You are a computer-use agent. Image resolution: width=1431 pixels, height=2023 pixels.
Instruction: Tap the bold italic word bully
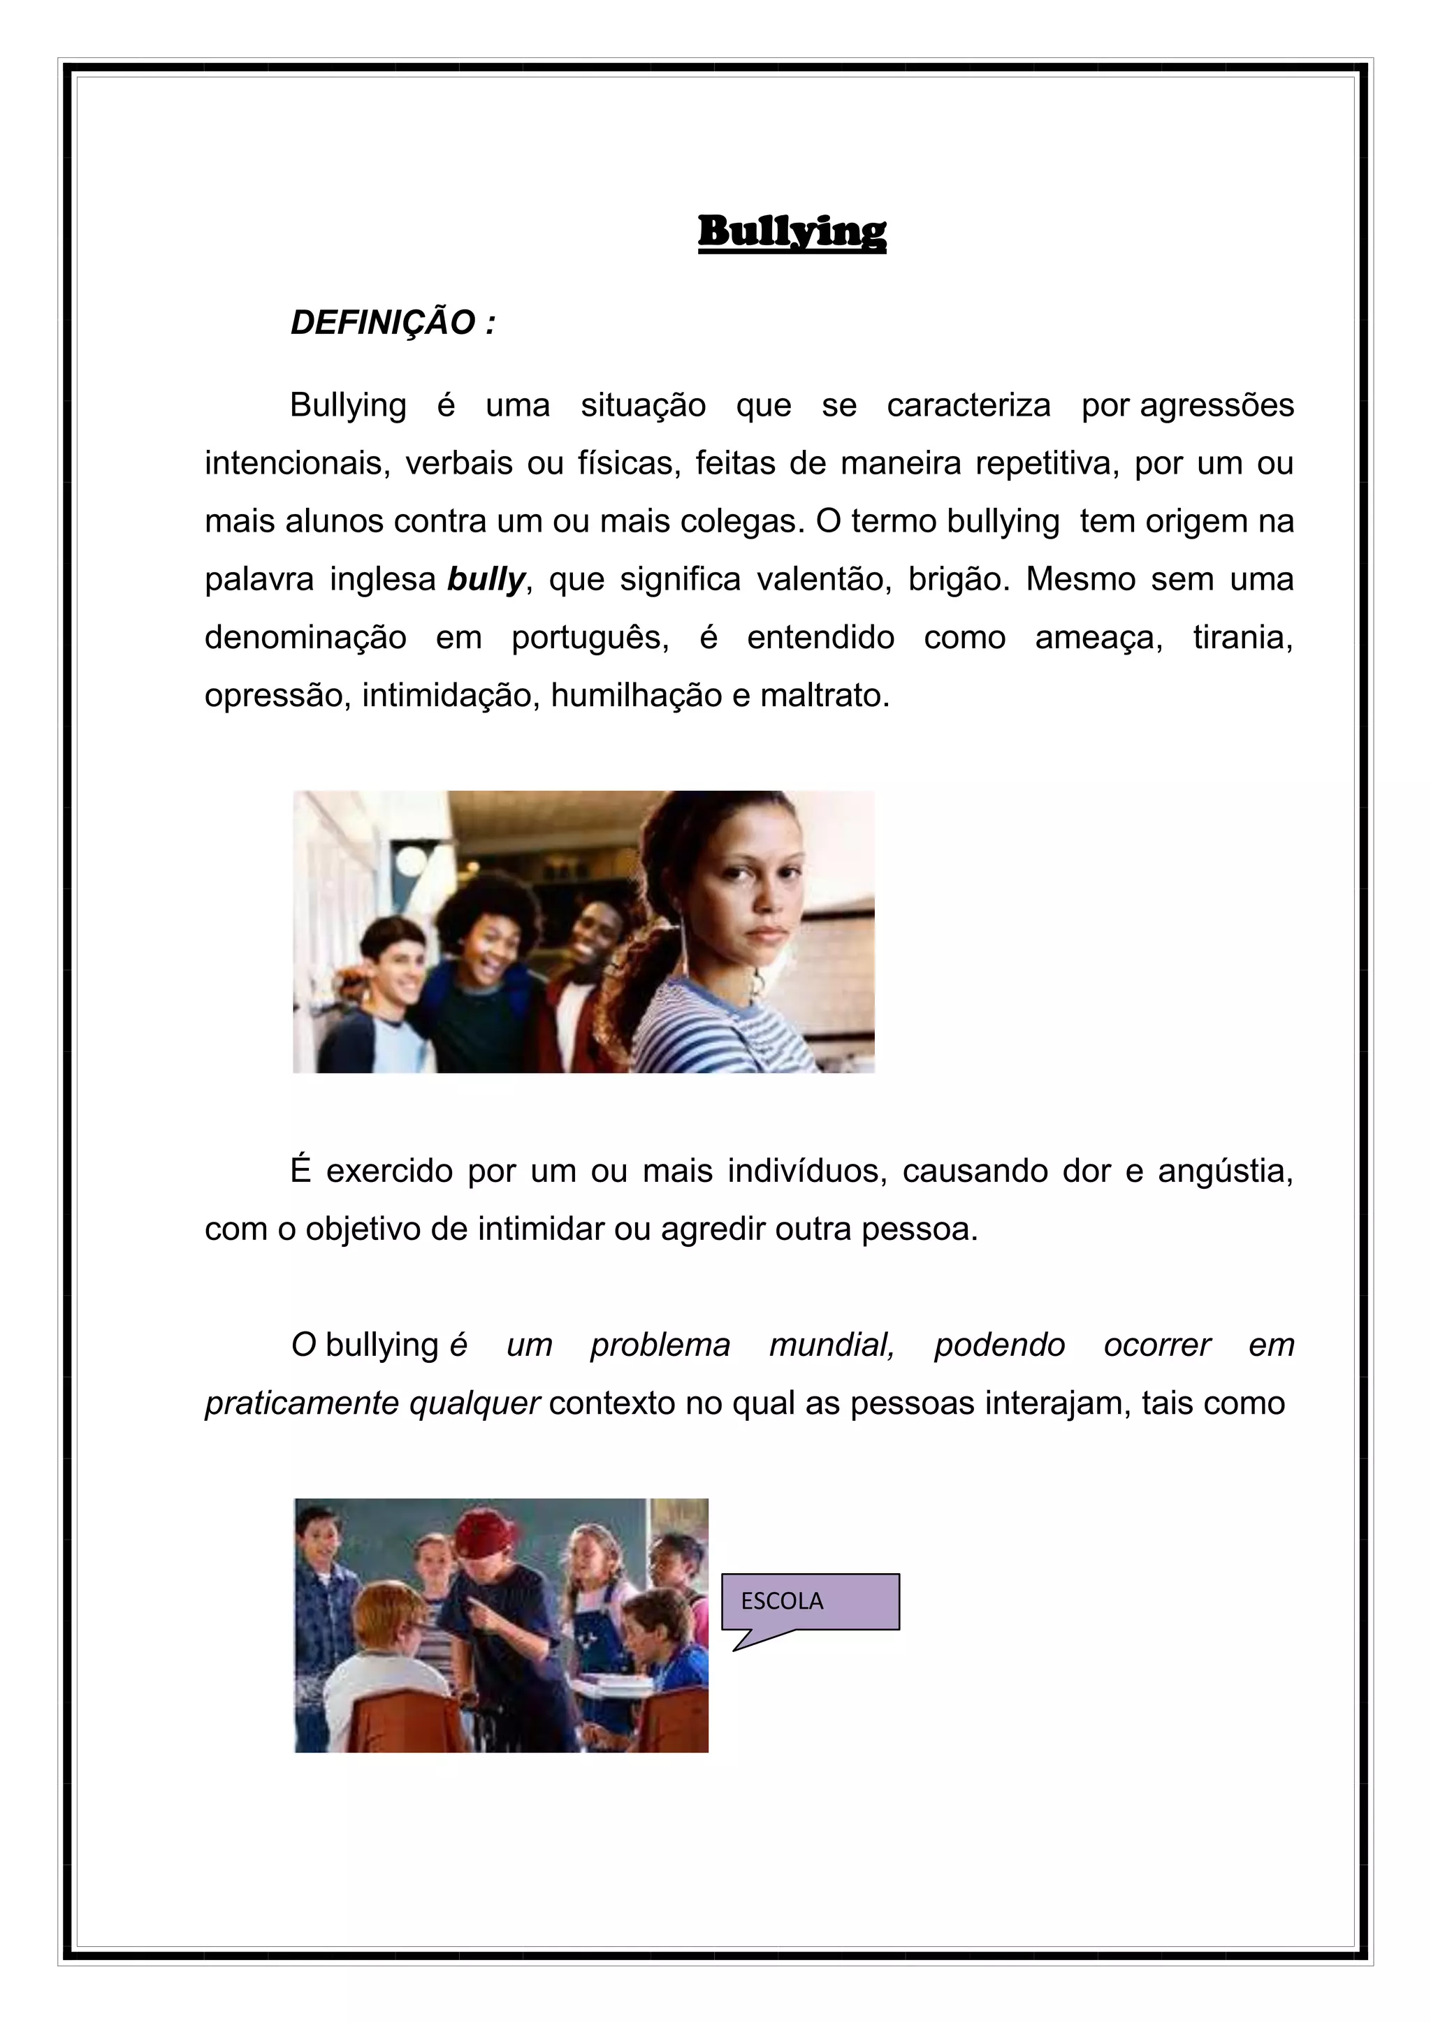[x=486, y=580]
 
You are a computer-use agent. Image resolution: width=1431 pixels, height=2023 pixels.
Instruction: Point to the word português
[x=590, y=638]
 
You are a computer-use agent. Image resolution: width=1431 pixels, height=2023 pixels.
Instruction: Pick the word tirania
[x=1242, y=638]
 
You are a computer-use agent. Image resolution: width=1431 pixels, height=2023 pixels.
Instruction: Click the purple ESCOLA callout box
[x=810, y=1601]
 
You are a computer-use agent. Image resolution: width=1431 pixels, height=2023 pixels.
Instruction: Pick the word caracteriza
[x=968, y=405]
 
